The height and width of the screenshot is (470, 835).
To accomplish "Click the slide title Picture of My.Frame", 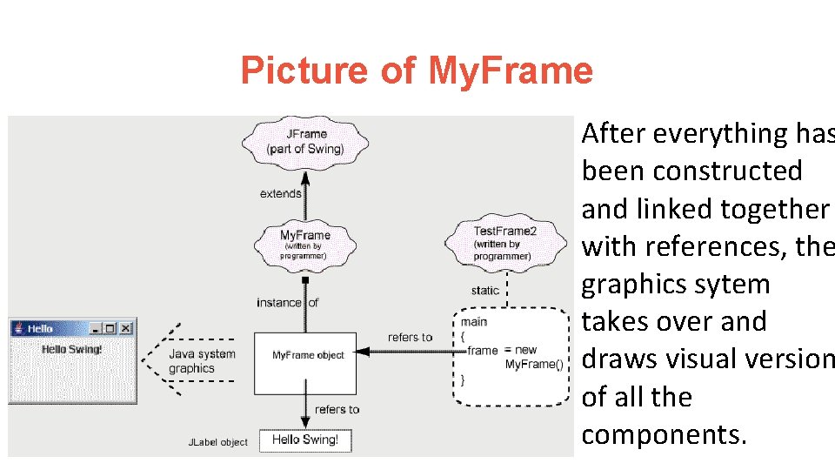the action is [x=417, y=70].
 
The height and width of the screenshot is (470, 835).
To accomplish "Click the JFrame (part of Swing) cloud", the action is [x=305, y=141].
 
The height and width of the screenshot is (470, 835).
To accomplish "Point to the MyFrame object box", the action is [x=305, y=355].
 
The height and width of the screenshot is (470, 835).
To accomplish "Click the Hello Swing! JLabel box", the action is [x=305, y=440].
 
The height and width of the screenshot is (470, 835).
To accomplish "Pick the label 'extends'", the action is [x=280, y=193].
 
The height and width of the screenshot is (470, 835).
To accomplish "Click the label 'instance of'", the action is [x=287, y=303].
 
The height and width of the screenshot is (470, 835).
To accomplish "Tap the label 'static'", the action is [x=484, y=290].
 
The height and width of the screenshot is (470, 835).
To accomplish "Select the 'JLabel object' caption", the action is [x=218, y=442].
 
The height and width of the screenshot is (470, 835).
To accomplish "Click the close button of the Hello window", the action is [x=126, y=328].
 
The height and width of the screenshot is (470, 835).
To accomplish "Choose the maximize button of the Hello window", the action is [x=110, y=328].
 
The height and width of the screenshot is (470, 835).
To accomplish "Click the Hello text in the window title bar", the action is [x=40, y=329].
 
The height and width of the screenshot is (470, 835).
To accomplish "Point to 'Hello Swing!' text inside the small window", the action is [x=72, y=349].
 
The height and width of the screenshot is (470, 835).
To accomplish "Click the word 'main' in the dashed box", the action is [x=475, y=321].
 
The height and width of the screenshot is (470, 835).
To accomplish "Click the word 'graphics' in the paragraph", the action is [x=632, y=285].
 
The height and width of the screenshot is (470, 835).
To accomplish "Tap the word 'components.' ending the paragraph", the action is [x=664, y=434].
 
